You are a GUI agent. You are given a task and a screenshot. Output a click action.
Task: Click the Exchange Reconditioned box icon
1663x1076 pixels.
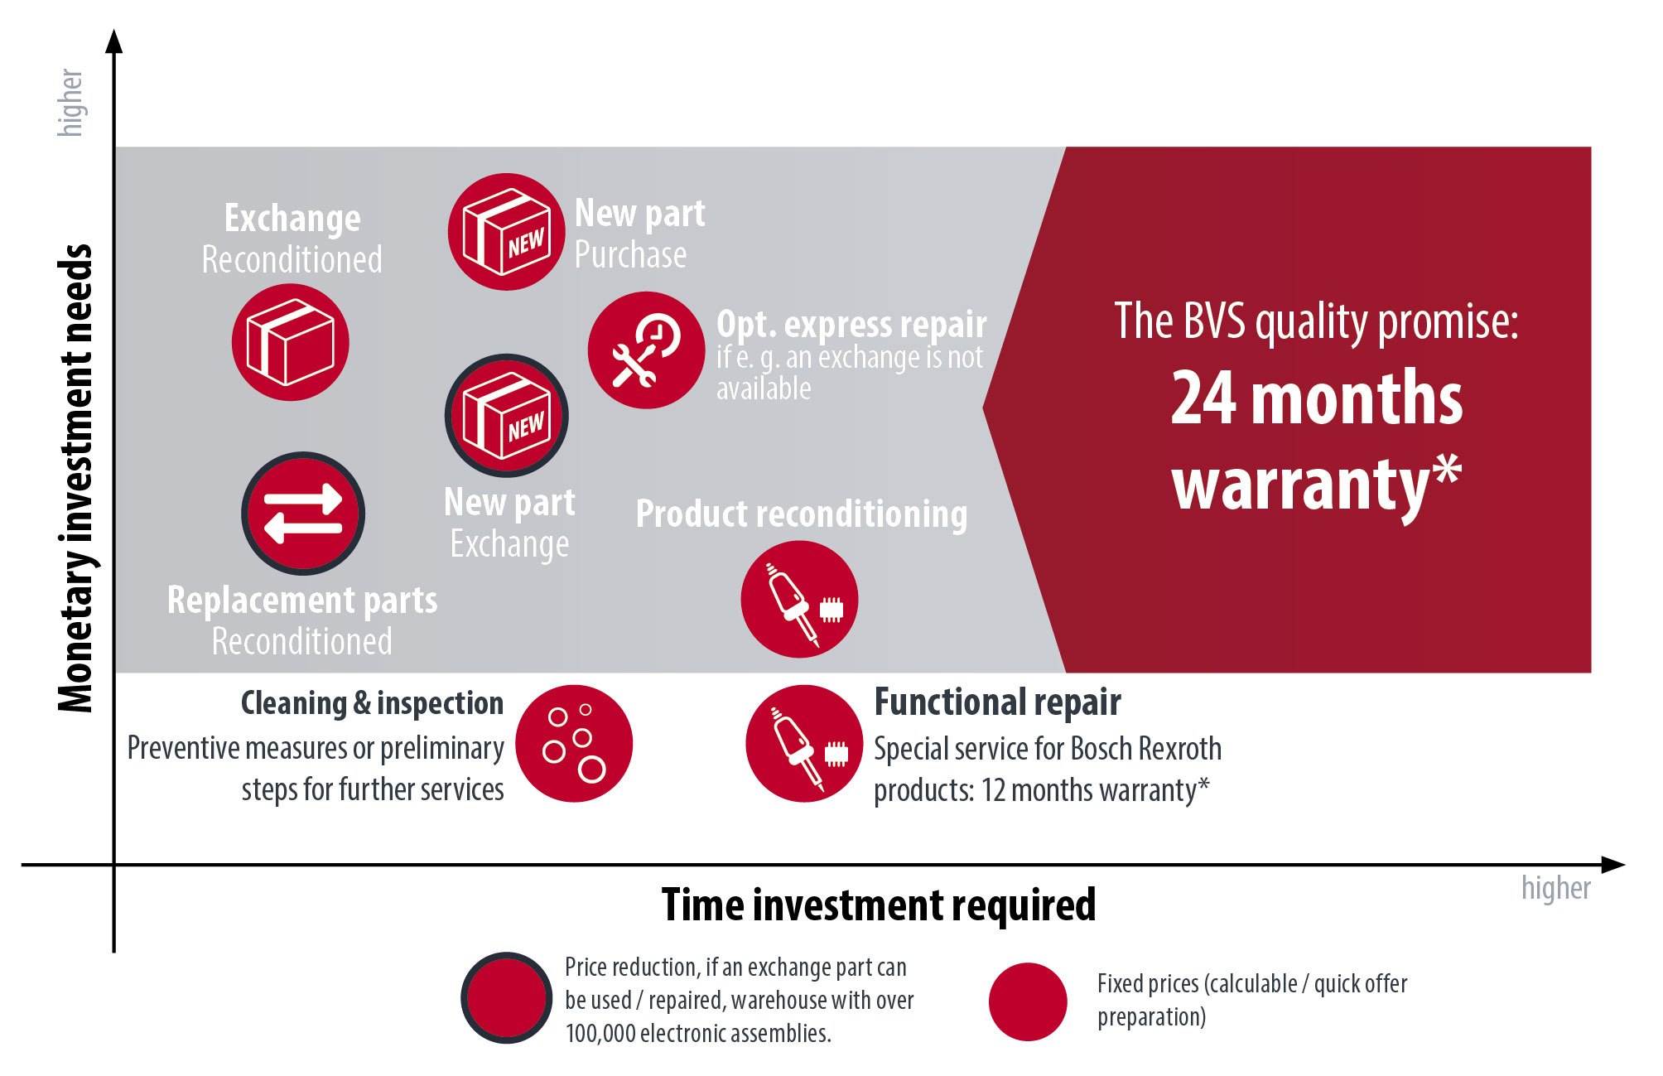pos(290,342)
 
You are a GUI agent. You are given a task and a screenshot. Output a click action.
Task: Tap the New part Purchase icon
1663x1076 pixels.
pos(506,232)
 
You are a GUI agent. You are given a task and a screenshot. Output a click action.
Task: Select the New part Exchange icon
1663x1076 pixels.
pos(506,416)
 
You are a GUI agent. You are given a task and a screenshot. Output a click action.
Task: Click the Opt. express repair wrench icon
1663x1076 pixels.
pos(646,350)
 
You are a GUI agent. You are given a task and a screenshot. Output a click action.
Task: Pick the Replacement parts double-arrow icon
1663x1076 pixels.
pos(303,514)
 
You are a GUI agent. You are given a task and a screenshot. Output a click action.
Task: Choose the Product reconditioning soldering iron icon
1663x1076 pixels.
pos(799,600)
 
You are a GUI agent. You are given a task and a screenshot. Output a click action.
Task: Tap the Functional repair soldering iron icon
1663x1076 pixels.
pos(804,744)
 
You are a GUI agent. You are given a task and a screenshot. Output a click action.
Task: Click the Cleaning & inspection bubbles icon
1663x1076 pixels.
pos(574,744)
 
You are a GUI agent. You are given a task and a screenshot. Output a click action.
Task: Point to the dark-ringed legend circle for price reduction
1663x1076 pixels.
pos(506,998)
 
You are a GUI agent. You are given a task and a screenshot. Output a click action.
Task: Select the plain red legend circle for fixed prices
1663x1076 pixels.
pos(1028,1001)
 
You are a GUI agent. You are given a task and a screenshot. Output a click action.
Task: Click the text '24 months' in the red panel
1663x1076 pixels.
pos(1317,398)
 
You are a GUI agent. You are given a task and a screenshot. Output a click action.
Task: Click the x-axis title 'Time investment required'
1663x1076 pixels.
pos(879,905)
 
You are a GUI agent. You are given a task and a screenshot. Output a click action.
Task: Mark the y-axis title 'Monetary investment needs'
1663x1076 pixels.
pos(75,478)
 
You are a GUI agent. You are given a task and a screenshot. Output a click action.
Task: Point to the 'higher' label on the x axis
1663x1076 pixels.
pos(1556,888)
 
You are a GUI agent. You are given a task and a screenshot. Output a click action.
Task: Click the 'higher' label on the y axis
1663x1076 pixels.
pos(70,103)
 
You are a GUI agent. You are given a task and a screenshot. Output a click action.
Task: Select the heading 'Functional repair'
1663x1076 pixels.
pos(998,702)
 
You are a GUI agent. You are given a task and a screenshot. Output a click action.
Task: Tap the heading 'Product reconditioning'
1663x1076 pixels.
pos(802,514)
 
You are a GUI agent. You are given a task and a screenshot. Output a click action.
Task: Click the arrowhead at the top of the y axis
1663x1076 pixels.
pos(114,41)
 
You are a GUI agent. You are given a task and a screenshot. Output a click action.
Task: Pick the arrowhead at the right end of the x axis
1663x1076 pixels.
pos(1613,865)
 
